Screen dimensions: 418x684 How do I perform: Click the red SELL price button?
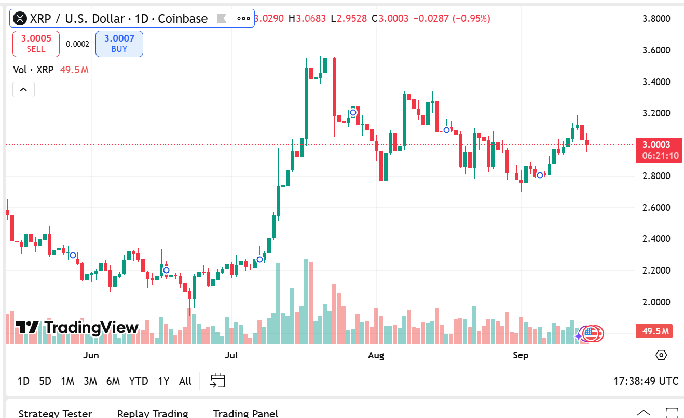[x=36, y=44]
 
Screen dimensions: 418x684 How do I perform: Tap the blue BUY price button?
[x=119, y=44]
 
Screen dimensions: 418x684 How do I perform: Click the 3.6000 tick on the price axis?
[x=656, y=50]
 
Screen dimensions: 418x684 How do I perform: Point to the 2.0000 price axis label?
[x=656, y=302]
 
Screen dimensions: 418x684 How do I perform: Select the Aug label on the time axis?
[x=376, y=355]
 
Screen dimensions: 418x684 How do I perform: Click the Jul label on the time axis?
[x=231, y=355]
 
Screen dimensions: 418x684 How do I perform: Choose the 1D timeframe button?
[x=23, y=381]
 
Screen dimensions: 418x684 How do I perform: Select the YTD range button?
[x=139, y=381]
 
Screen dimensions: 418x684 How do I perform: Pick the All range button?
[x=185, y=381]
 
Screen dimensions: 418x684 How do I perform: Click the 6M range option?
[x=113, y=381]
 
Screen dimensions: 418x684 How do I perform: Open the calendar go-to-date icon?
[x=217, y=381]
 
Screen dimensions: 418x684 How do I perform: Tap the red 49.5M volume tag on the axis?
[x=654, y=331]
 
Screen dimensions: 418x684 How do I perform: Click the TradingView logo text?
[x=77, y=328]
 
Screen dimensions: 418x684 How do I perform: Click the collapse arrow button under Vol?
[x=23, y=89]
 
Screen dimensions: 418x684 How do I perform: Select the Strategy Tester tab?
[x=55, y=413]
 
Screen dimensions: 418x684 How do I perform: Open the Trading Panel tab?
[x=245, y=413]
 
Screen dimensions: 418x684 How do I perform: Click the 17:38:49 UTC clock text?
[x=646, y=381]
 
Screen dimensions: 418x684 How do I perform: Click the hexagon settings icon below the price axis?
[x=661, y=355]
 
